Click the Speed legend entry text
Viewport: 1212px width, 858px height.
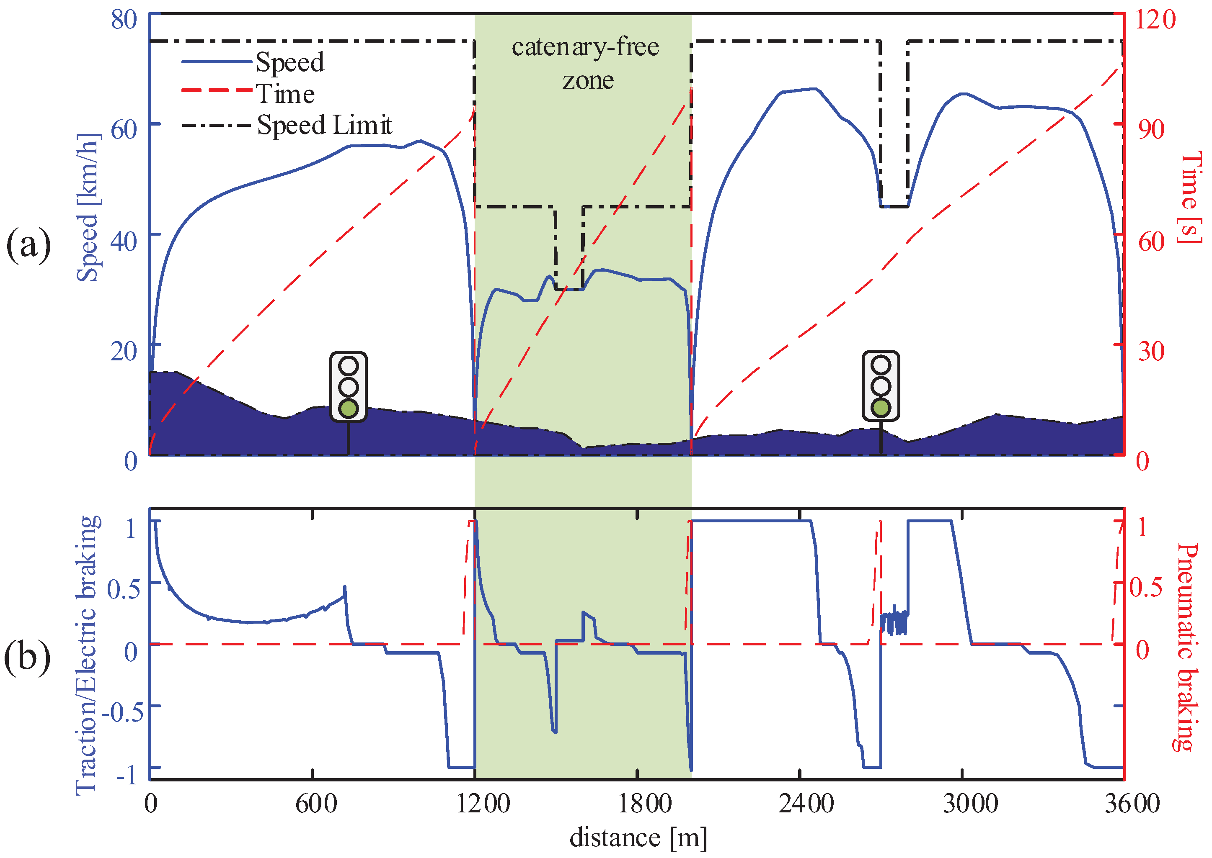[x=290, y=63]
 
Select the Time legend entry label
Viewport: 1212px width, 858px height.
[x=286, y=95]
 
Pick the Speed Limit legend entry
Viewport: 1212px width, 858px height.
[x=324, y=126]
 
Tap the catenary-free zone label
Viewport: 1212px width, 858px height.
[x=585, y=63]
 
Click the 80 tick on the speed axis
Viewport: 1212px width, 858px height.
[x=124, y=20]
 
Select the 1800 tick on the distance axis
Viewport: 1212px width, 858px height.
[x=645, y=804]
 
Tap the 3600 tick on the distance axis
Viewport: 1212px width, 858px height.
[x=1132, y=804]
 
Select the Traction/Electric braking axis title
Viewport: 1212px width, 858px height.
[x=87, y=655]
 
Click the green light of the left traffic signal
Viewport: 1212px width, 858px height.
[x=349, y=408]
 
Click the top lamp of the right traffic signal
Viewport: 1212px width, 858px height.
[x=881, y=365]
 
